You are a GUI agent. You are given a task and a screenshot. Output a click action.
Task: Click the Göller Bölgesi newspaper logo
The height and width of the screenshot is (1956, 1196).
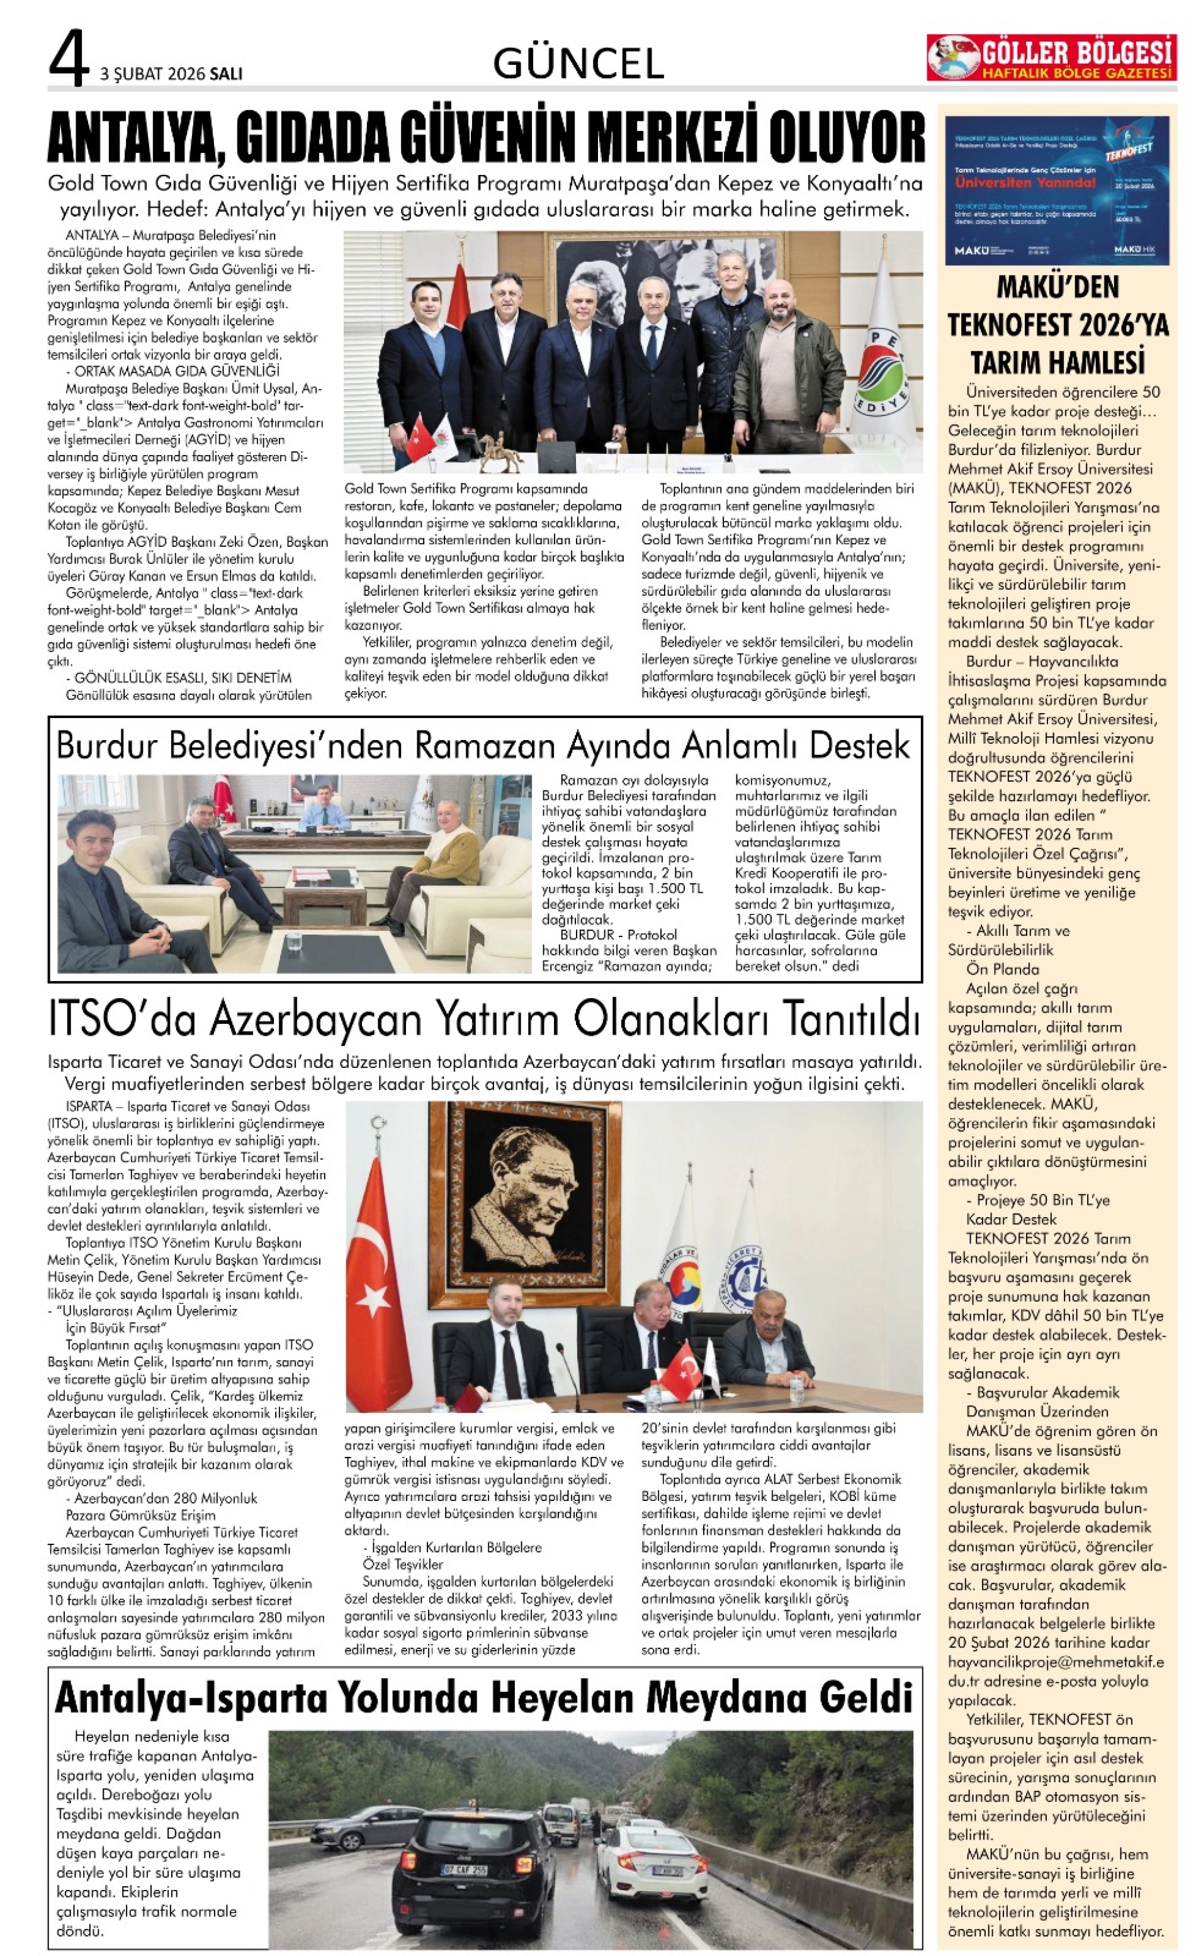click(1050, 58)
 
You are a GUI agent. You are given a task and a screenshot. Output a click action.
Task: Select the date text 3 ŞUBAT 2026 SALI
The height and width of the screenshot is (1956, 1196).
click(171, 74)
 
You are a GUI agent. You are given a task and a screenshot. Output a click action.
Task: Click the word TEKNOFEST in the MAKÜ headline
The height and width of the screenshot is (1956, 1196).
click(1018, 325)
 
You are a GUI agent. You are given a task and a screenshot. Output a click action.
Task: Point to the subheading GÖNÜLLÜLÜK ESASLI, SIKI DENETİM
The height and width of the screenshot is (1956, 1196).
click(182, 678)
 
